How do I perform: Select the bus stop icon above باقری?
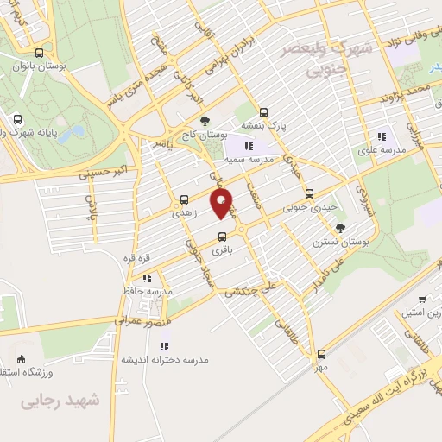222,237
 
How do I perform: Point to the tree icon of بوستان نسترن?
341,228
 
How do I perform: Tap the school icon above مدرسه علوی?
382,136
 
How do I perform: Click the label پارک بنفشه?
263,124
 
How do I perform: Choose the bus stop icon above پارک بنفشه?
263,111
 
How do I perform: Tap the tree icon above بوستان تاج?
205,122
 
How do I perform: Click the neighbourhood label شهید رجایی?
60,400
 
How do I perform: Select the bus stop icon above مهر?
321,354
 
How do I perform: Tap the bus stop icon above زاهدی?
184,199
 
